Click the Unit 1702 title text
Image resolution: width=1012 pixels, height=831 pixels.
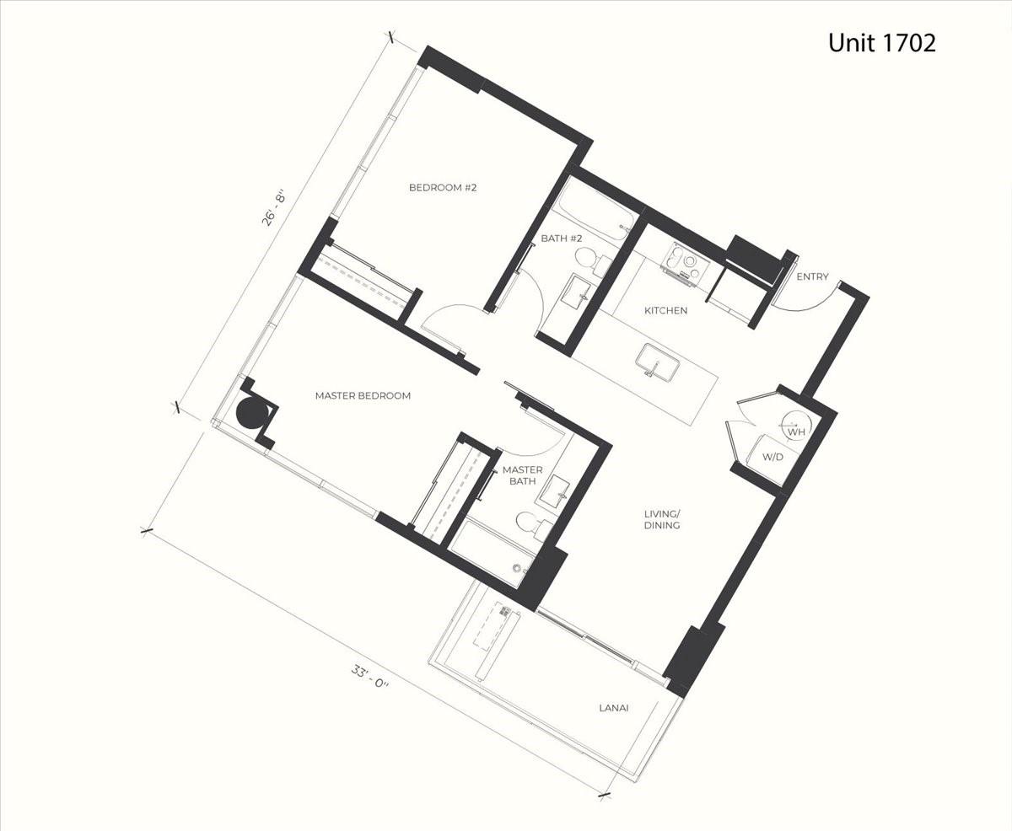click(x=881, y=43)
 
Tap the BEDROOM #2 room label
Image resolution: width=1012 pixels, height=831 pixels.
click(x=443, y=187)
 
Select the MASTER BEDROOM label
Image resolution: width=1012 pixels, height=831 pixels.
click(x=363, y=395)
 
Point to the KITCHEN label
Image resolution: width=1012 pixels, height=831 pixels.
click(x=665, y=310)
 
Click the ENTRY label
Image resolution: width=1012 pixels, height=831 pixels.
click(x=812, y=276)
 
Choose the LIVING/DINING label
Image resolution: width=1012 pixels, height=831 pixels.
click(x=662, y=520)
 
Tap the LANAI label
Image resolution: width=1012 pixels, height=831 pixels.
click(x=614, y=708)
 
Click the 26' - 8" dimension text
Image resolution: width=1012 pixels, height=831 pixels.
click(x=274, y=207)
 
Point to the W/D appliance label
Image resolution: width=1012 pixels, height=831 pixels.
click(x=772, y=457)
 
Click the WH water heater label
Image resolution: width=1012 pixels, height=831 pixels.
click(x=796, y=432)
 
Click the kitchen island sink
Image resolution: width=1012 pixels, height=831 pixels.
click(x=658, y=362)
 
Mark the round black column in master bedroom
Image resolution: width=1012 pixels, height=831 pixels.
click(x=251, y=413)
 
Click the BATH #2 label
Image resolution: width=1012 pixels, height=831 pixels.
click(x=562, y=239)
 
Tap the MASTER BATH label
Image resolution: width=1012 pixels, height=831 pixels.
click(x=523, y=475)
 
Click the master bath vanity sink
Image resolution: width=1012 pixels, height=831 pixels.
click(x=553, y=491)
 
